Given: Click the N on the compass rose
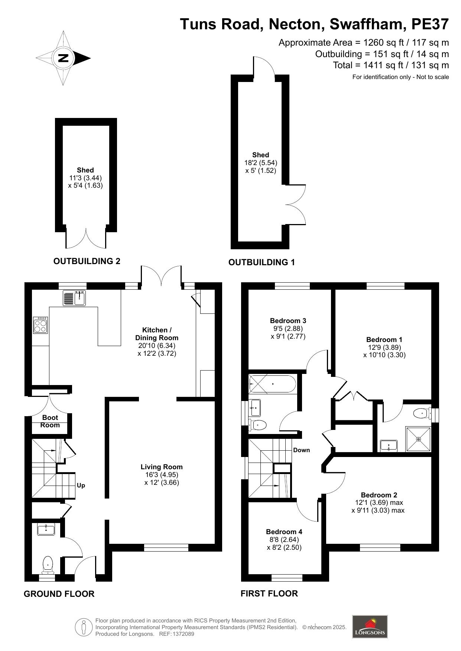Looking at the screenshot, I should (64, 58).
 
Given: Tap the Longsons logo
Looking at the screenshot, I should (370, 627).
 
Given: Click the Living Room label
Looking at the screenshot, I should (162, 467).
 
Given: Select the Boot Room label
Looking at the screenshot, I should (50, 421).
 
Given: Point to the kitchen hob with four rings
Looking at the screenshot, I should (40, 325).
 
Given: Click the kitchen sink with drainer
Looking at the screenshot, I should (75, 298).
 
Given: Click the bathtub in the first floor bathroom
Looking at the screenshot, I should (273, 384).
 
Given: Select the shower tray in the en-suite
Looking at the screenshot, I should (418, 440).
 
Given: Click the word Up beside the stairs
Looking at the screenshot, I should (81, 486).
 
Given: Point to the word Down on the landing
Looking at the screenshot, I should (301, 450).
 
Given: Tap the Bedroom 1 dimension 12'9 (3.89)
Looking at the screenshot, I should (384, 348).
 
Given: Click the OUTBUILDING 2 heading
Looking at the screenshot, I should (87, 261).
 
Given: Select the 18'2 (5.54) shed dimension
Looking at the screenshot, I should (260, 163).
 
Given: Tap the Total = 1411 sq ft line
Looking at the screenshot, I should (391, 65).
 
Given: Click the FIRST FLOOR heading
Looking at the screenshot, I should (269, 594).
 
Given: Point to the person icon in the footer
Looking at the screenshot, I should (84, 627).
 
